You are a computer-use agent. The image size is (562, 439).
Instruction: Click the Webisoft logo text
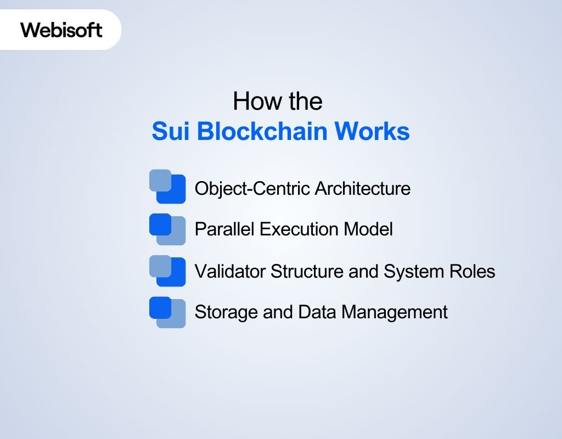[x=61, y=30]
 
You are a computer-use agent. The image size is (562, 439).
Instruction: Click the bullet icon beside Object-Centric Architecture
[x=167, y=187]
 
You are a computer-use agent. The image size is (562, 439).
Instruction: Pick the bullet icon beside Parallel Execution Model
[x=167, y=229]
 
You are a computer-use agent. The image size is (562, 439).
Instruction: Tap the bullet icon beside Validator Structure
[x=167, y=271]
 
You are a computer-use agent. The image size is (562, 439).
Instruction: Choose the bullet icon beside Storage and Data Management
[x=167, y=312]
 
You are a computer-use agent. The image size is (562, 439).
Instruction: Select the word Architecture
[x=363, y=189]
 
